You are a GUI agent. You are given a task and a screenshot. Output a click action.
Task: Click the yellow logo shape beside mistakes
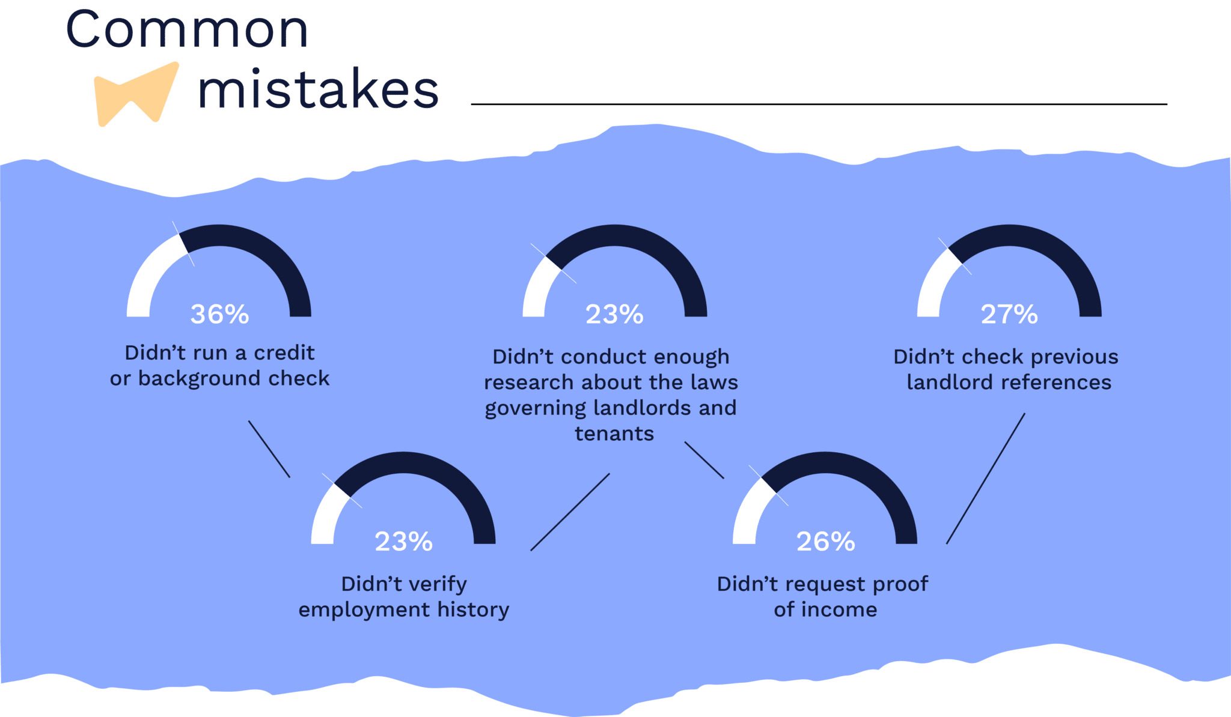tap(136, 94)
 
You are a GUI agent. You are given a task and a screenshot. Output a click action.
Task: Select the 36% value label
tap(219, 314)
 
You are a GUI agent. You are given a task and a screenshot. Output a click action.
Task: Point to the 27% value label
tap(1009, 314)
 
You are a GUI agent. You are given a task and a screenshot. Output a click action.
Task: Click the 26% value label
tap(825, 542)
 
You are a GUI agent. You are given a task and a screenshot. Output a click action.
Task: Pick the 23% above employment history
tap(403, 542)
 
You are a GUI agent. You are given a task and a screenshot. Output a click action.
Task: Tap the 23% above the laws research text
tap(614, 314)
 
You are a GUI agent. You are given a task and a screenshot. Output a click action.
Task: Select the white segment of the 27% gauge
tap(935, 282)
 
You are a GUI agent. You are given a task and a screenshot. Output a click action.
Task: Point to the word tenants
tap(614, 434)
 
